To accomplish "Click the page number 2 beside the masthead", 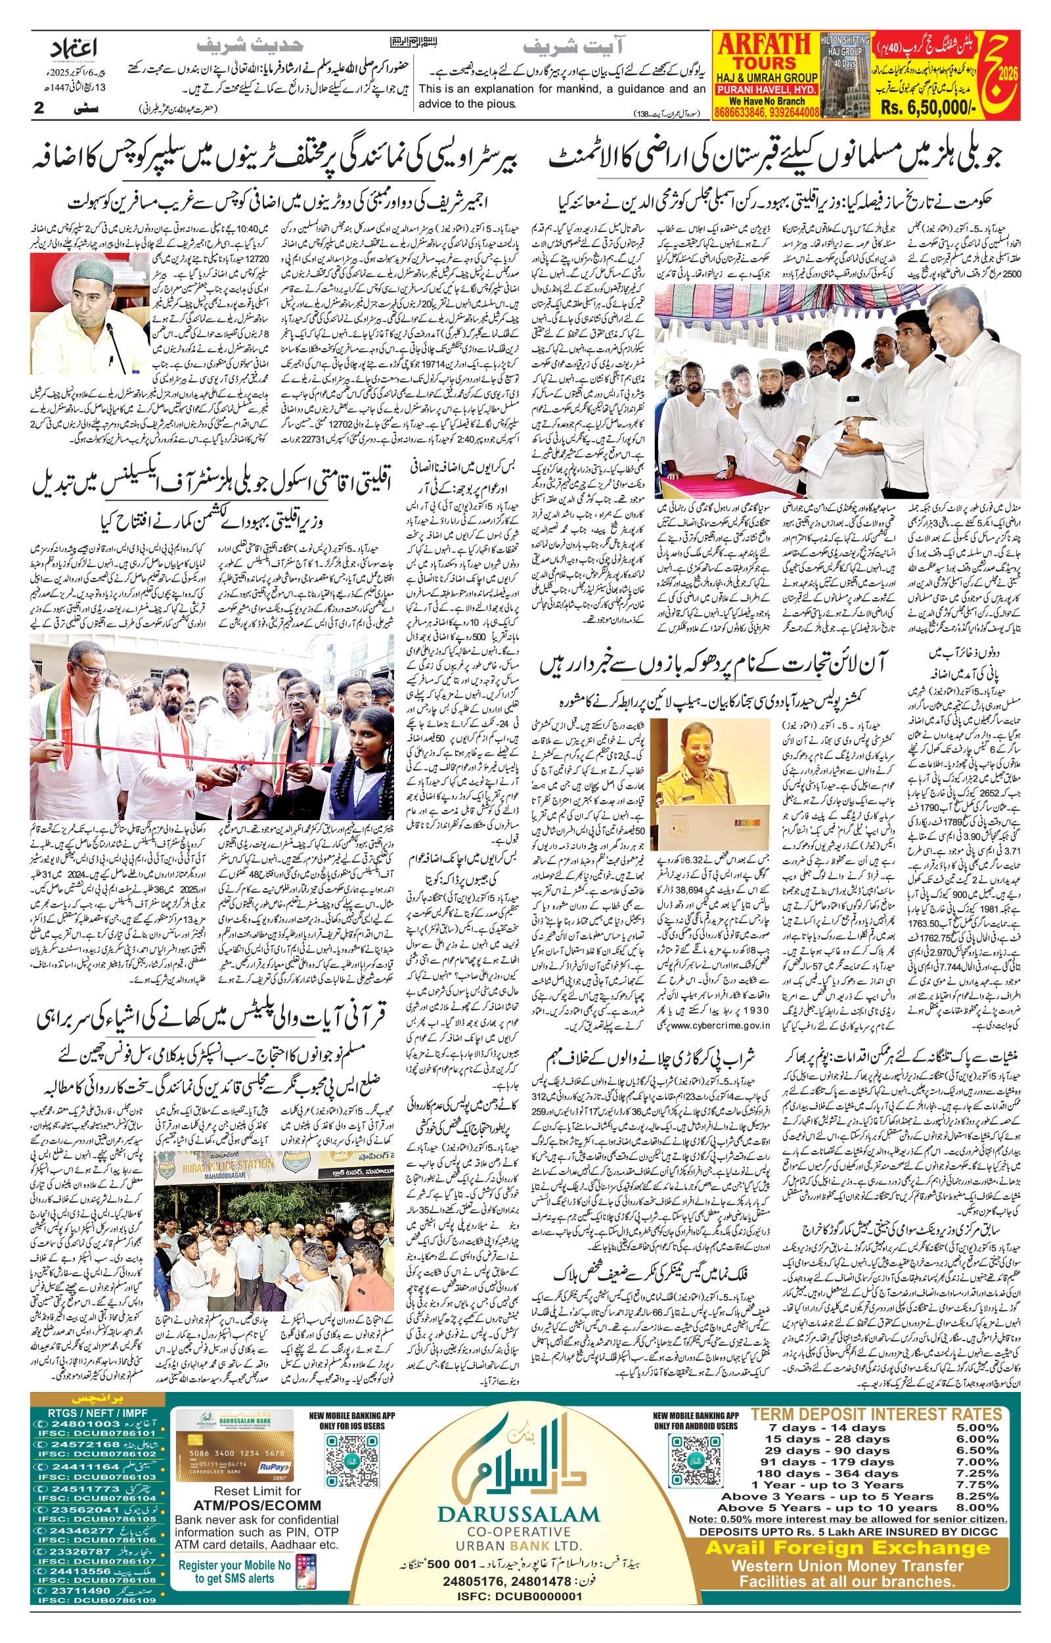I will (39, 108).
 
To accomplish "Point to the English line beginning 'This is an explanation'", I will (562, 89).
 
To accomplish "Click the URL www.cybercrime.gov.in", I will (720, 1025).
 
